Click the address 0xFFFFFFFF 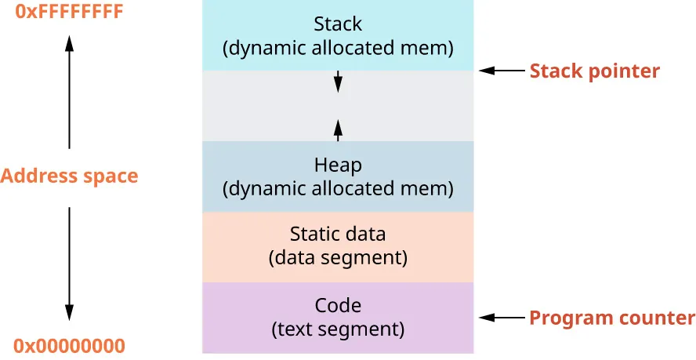click(69, 13)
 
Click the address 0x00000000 click(69, 346)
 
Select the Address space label click(69, 176)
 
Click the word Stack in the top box click(338, 24)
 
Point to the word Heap click(338, 165)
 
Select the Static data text click(338, 234)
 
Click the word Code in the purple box click(338, 305)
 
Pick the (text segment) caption click(338, 329)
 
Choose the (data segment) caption click(338, 257)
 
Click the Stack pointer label click(595, 71)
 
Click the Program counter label click(612, 318)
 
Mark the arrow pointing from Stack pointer click(502, 71)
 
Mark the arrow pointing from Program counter click(502, 318)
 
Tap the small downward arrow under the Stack click(338, 81)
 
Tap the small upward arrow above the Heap click(338, 129)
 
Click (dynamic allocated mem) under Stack click(338, 49)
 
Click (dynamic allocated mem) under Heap click(338, 189)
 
